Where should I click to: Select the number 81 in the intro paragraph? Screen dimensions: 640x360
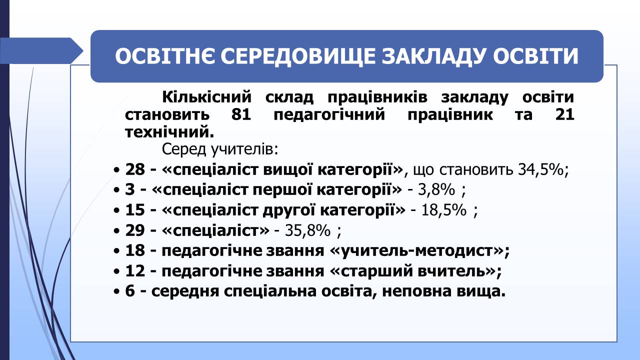pyautogui.click(x=241, y=114)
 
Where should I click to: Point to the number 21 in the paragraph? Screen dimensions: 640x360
pyautogui.click(x=564, y=114)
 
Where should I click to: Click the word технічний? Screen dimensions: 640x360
pyautogui.click(x=169, y=132)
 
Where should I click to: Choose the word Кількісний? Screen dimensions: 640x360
pyautogui.click(x=206, y=97)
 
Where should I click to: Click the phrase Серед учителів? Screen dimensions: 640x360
pyautogui.click(x=220, y=149)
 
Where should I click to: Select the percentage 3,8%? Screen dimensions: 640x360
pyautogui.click(x=436, y=189)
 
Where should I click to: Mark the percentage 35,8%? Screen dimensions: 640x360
pyautogui.click(x=307, y=230)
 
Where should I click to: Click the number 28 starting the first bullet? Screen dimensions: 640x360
pyautogui.click(x=135, y=169)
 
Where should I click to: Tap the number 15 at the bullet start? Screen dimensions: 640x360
pyautogui.click(x=135, y=209)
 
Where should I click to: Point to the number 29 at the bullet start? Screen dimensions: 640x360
pyautogui.click(x=135, y=230)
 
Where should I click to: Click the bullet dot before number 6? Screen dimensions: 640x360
pyautogui.click(x=116, y=292)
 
